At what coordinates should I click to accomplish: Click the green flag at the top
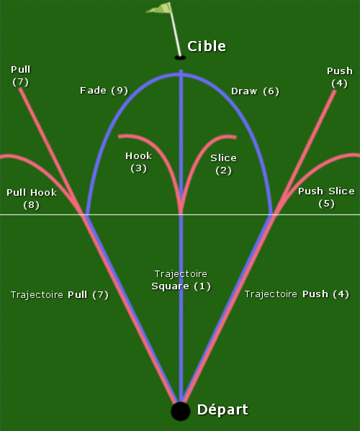tap(160, 8)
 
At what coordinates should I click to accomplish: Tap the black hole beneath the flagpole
tap(180, 58)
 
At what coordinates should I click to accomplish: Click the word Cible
tap(207, 46)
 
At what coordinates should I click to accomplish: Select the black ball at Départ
tap(181, 411)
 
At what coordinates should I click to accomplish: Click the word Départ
tap(222, 410)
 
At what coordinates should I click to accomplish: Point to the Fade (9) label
tap(104, 91)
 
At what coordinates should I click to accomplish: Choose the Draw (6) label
tap(255, 91)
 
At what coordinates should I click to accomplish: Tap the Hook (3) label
tap(139, 162)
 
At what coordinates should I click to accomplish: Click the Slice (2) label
tap(223, 164)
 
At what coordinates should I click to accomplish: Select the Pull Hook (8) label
tap(32, 199)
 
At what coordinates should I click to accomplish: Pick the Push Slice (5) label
tap(326, 197)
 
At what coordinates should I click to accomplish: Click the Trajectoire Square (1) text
tap(181, 280)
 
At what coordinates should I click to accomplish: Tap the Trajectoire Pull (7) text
tap(60, 295)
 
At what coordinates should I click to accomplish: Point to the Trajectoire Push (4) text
tap(297, 294)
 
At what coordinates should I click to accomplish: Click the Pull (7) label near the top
tap(21, 76)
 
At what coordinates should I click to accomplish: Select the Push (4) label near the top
tap(340, 77)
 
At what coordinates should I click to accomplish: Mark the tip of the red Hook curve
tap(119, 136)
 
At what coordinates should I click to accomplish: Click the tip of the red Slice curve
tap(235, 137)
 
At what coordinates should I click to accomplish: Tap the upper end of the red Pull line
tap(20, 89)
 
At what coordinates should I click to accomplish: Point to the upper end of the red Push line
tap(335, 91)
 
